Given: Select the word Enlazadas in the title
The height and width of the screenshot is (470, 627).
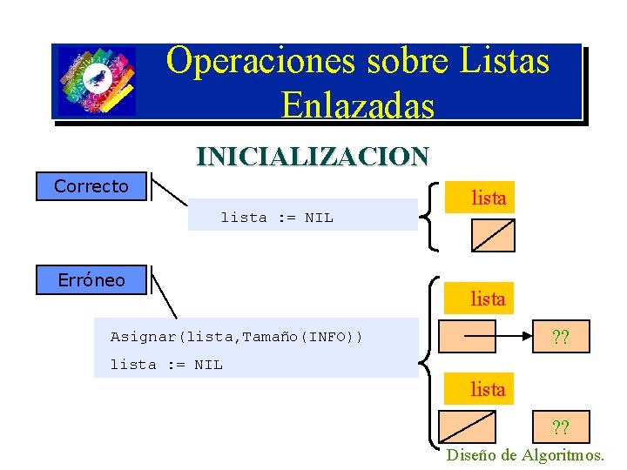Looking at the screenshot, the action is [x=358, y=104].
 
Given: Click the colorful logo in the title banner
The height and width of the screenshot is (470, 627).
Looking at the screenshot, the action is [x=97, y=81].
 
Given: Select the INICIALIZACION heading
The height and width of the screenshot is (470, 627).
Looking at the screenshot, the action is [x=313, y=157].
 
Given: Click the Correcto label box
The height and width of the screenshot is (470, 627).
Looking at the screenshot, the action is [x=91, y=186].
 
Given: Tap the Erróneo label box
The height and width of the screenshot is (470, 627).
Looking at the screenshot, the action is [x=91, y=280].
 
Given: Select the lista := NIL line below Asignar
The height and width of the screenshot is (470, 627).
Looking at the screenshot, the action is [x=166, y=365].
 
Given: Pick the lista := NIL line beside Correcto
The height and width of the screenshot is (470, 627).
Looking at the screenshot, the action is [x=277, y=218].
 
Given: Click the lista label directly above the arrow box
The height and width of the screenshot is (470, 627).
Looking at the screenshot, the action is [x=488, y=299].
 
